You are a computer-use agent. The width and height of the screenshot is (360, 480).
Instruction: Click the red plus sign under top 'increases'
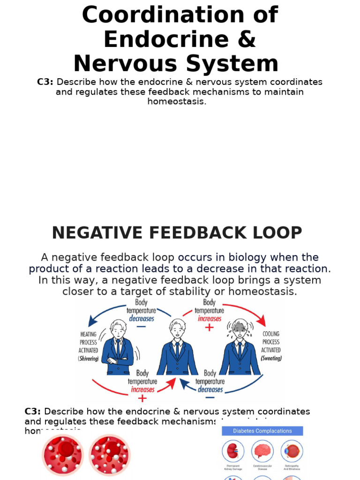pyautogui.click(x=209, y=328)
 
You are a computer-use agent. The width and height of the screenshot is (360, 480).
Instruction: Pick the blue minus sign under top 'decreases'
pyautogui.click(x=141, y=327)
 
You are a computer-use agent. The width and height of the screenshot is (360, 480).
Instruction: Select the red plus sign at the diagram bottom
pyautogui.click(x=142, y=398)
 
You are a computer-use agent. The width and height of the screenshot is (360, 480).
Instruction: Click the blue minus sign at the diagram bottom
pyautogui.click(x=210, y=398)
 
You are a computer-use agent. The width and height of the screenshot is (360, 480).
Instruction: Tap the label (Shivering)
pyautogui.click(x=88, y=359)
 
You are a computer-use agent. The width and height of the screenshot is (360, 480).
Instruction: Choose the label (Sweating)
pyautogui.click(x=271, y=359)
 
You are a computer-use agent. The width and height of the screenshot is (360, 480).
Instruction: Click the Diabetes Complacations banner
pyautogui.click(x=262, y=431)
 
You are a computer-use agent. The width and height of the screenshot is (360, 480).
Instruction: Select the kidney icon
pyautogui.click(x=231, y=451)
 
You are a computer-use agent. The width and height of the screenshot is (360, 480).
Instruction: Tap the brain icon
pyautogui.click(x=262, y=451)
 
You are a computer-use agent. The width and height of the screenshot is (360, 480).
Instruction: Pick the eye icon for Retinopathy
pyautogui.click(x=292, y=451)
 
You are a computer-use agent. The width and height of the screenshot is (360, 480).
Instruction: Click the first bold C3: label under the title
pyautogui.click(x=45, y=82)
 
